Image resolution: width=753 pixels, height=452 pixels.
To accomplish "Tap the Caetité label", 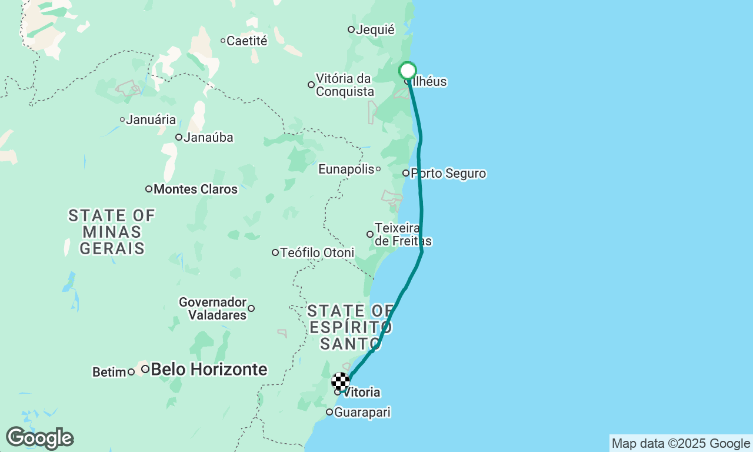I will click(246, 41).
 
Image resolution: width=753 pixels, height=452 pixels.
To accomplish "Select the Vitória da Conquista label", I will click(345, 85).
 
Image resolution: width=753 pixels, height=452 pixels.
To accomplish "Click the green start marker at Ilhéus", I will click(408, 71).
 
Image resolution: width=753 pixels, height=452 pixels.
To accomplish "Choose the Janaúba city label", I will click(208, 138).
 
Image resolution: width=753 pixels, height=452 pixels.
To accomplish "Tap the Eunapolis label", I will click(346, 169).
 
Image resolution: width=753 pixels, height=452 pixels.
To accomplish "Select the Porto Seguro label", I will click(448, 174).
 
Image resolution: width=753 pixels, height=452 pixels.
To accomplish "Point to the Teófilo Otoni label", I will click(317, 252).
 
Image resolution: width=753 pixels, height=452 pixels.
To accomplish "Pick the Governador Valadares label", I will click(213, 308).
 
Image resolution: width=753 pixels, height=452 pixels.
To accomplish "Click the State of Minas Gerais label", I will click(112, 232).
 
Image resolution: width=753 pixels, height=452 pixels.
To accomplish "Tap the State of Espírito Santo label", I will click(351, 327).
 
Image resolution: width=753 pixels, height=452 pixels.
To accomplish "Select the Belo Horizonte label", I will click(209, 370).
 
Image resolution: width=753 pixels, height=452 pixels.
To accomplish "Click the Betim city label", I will click(109, 372).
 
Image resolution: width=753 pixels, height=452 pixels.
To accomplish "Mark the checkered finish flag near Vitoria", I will click(341, 381).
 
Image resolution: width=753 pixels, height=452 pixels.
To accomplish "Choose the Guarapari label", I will click(362, 413).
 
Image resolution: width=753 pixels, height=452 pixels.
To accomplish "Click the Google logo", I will click(39, 438).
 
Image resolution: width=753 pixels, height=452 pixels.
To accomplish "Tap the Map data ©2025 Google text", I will click(681, 444).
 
